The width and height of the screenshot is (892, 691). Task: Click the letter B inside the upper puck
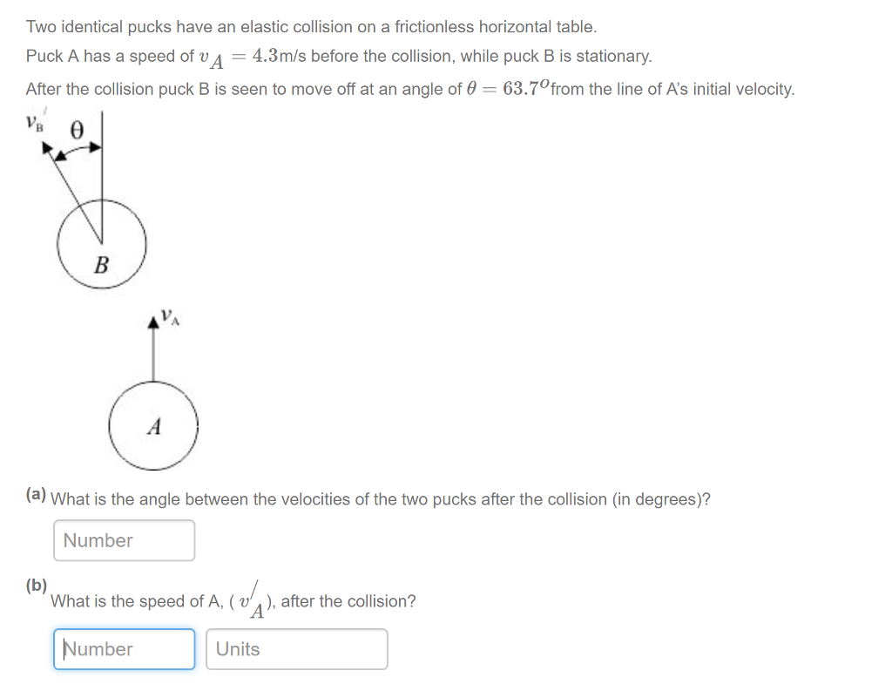pyautogui.click(x=101, y=263)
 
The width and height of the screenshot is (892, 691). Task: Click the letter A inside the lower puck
pyautogui.click(x=154, y=427)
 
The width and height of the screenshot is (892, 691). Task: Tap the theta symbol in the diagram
pyautogui.click(x=77, y=131)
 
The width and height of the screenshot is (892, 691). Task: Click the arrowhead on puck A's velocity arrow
pyautogui.click(x=154, y=322)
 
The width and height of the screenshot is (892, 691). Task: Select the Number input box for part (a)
pyautogui.click(x=125, y=540)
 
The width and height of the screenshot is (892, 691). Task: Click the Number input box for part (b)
pyautogui.click(x=125, y=649)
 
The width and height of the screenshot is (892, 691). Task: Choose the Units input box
pyautogui.click(x=296, y=649)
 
